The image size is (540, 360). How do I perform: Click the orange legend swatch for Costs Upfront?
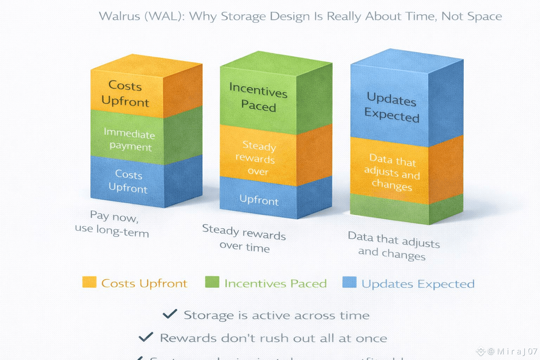[89, 282]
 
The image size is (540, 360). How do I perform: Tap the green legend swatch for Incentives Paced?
[212, 282]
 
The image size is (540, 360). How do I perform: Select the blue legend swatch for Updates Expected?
[349, 282]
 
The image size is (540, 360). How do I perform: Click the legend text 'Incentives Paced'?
[275, 283]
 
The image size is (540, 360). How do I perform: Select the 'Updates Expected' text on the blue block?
[392, 107]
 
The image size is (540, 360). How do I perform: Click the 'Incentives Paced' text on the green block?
[258, 97]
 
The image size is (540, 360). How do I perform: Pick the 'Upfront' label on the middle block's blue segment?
[259, 200]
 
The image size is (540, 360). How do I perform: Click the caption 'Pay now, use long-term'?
[112, 224]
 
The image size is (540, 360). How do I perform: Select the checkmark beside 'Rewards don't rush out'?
[146, 337]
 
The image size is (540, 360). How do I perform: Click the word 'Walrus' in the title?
[120, 16]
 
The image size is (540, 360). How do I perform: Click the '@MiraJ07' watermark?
[512, 351]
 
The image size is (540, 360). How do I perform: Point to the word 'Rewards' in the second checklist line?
[188, 338]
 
